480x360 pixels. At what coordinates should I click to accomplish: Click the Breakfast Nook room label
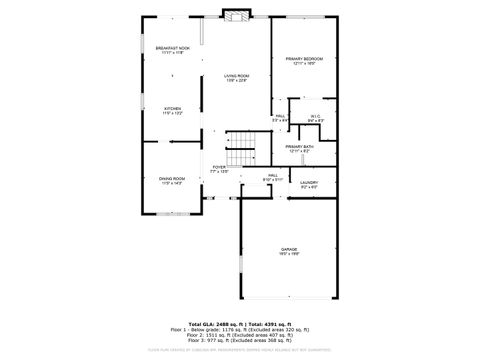click(173, 48)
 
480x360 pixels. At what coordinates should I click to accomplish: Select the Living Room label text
click(236, 76)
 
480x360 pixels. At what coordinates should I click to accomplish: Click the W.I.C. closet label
click(314, 117)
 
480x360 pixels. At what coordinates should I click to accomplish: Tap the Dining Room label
click(172, 179)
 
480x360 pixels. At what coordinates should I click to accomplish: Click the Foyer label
click(219, 167)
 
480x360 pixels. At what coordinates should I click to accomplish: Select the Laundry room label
click(309, 182)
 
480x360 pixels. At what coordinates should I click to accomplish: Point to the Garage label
click(289, 250)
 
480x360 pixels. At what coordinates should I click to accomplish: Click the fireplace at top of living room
click(236, 16)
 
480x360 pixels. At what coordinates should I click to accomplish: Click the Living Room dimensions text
click(236, 81)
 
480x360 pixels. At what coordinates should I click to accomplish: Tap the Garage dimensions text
click(289, 255)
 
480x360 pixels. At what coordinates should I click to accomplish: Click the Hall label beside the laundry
click(272, 175)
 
